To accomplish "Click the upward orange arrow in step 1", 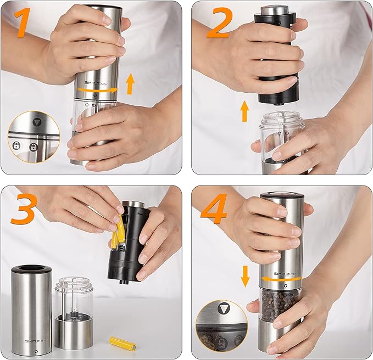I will click(x=130, y=83).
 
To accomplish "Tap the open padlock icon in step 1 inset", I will click(x=34, y=147).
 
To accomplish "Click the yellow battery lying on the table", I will click(x=123, y=344).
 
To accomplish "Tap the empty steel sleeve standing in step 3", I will click(x=31, y=310).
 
